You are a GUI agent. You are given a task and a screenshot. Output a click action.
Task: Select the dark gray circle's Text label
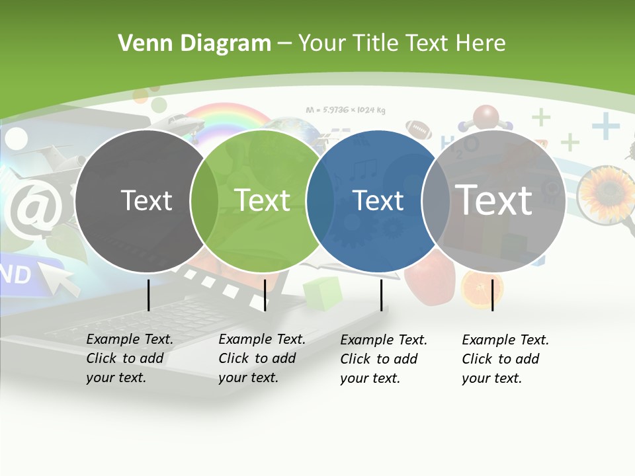pos(146,200)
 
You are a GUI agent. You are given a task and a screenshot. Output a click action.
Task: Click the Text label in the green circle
pos(262,200)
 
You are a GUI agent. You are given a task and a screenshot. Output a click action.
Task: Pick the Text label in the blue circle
pos(378,200)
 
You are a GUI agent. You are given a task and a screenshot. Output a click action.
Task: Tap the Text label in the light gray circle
pos(494,200)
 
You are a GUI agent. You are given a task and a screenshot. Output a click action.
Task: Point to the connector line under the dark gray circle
pos(148,295)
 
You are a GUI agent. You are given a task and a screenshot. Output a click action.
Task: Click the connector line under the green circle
pos(265,295)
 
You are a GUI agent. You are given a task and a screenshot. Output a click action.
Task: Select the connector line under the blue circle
pos(381,295)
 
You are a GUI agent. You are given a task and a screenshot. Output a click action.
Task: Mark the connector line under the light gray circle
pos(492,295)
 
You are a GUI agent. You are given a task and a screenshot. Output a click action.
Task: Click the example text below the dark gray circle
pos(129,358)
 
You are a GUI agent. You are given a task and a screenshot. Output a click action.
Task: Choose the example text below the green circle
pos(261,358)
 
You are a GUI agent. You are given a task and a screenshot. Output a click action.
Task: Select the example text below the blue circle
pos(383,359)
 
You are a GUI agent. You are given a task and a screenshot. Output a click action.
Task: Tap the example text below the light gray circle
pos(505,359)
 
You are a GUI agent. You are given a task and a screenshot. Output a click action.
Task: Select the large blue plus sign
pos(605,126)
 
